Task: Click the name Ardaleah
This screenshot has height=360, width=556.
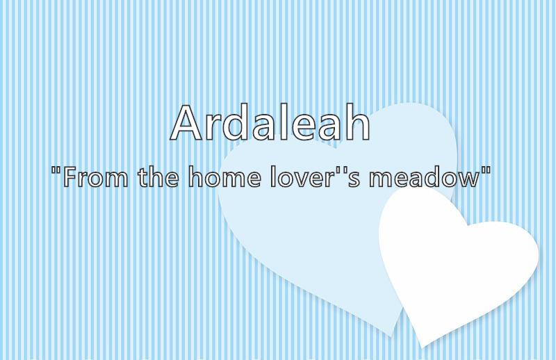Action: tap(270, 122)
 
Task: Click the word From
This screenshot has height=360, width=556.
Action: tap(96, 177)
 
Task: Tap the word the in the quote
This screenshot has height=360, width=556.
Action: tap(158, 176)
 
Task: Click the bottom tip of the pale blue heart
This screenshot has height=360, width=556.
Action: tap(391, 336)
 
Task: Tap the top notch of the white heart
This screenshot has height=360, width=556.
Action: tap(467, 225)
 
